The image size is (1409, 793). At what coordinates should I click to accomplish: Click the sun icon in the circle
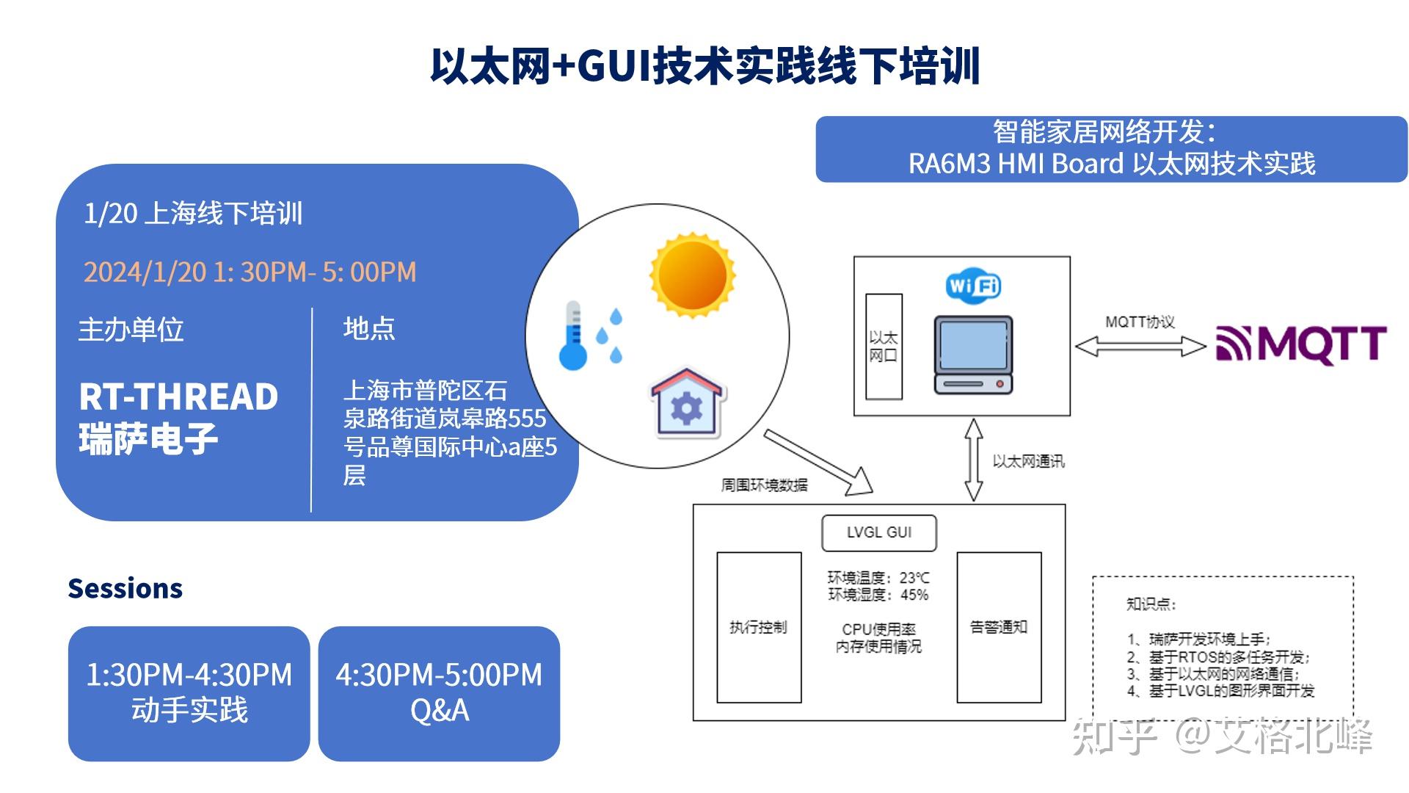[692, 276]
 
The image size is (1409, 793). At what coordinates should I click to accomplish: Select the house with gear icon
[687, 403]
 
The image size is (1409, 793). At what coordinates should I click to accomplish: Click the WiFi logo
[973, 285]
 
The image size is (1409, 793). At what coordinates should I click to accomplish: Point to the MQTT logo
[1301, 344]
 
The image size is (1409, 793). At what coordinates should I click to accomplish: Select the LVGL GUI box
[878, 532]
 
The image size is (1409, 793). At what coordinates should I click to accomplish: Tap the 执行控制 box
[758, 627]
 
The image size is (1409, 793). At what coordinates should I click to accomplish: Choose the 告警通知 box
[999, 627]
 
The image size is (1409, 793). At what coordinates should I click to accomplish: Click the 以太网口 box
[884, 347]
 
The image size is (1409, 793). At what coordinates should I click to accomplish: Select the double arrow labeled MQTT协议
[1140, 346]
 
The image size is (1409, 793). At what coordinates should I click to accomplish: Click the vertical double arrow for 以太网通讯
[974, 460]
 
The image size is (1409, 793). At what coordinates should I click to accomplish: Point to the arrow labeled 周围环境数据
[818, 462]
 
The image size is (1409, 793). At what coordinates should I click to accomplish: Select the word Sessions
[125, 589]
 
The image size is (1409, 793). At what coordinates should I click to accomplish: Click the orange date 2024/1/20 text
[250, 272]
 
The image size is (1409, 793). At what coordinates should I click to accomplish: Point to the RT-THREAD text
[178, 397]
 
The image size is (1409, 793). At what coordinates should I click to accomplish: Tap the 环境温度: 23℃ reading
[878, 578]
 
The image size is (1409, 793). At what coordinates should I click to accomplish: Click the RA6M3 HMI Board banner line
[1111, 164]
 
